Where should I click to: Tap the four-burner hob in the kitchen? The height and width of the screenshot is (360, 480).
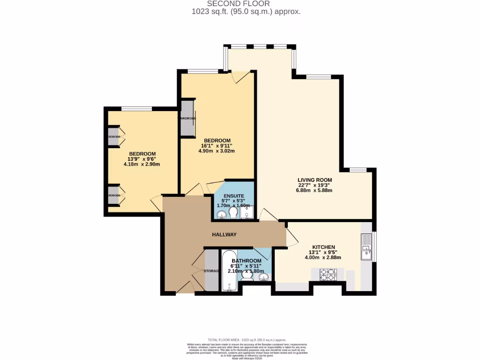point(328,274)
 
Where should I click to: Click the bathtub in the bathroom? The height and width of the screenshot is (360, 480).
point(229,271)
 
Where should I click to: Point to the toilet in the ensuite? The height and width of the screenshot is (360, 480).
point(233,213)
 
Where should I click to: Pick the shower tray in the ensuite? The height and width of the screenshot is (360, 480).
point(247,212)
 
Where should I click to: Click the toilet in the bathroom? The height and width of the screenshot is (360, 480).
point(247,277)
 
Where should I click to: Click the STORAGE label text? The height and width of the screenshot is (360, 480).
point(211,271)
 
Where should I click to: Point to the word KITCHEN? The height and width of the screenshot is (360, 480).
point(323,247)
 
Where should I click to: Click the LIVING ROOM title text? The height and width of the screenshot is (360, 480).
point(315,180)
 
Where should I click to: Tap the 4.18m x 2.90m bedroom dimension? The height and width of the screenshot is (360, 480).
point(142,164)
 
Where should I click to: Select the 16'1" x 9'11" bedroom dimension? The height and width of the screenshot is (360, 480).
point(217,146)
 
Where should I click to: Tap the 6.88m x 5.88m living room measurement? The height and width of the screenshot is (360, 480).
point(315,190)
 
